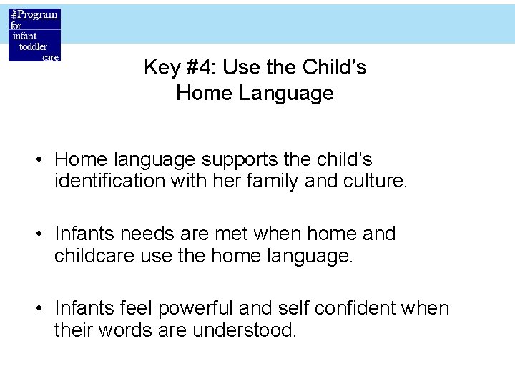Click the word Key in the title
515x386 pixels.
tap(160, 68)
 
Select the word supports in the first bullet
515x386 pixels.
tap(227, 159)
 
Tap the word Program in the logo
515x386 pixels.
tap(39, 14)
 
